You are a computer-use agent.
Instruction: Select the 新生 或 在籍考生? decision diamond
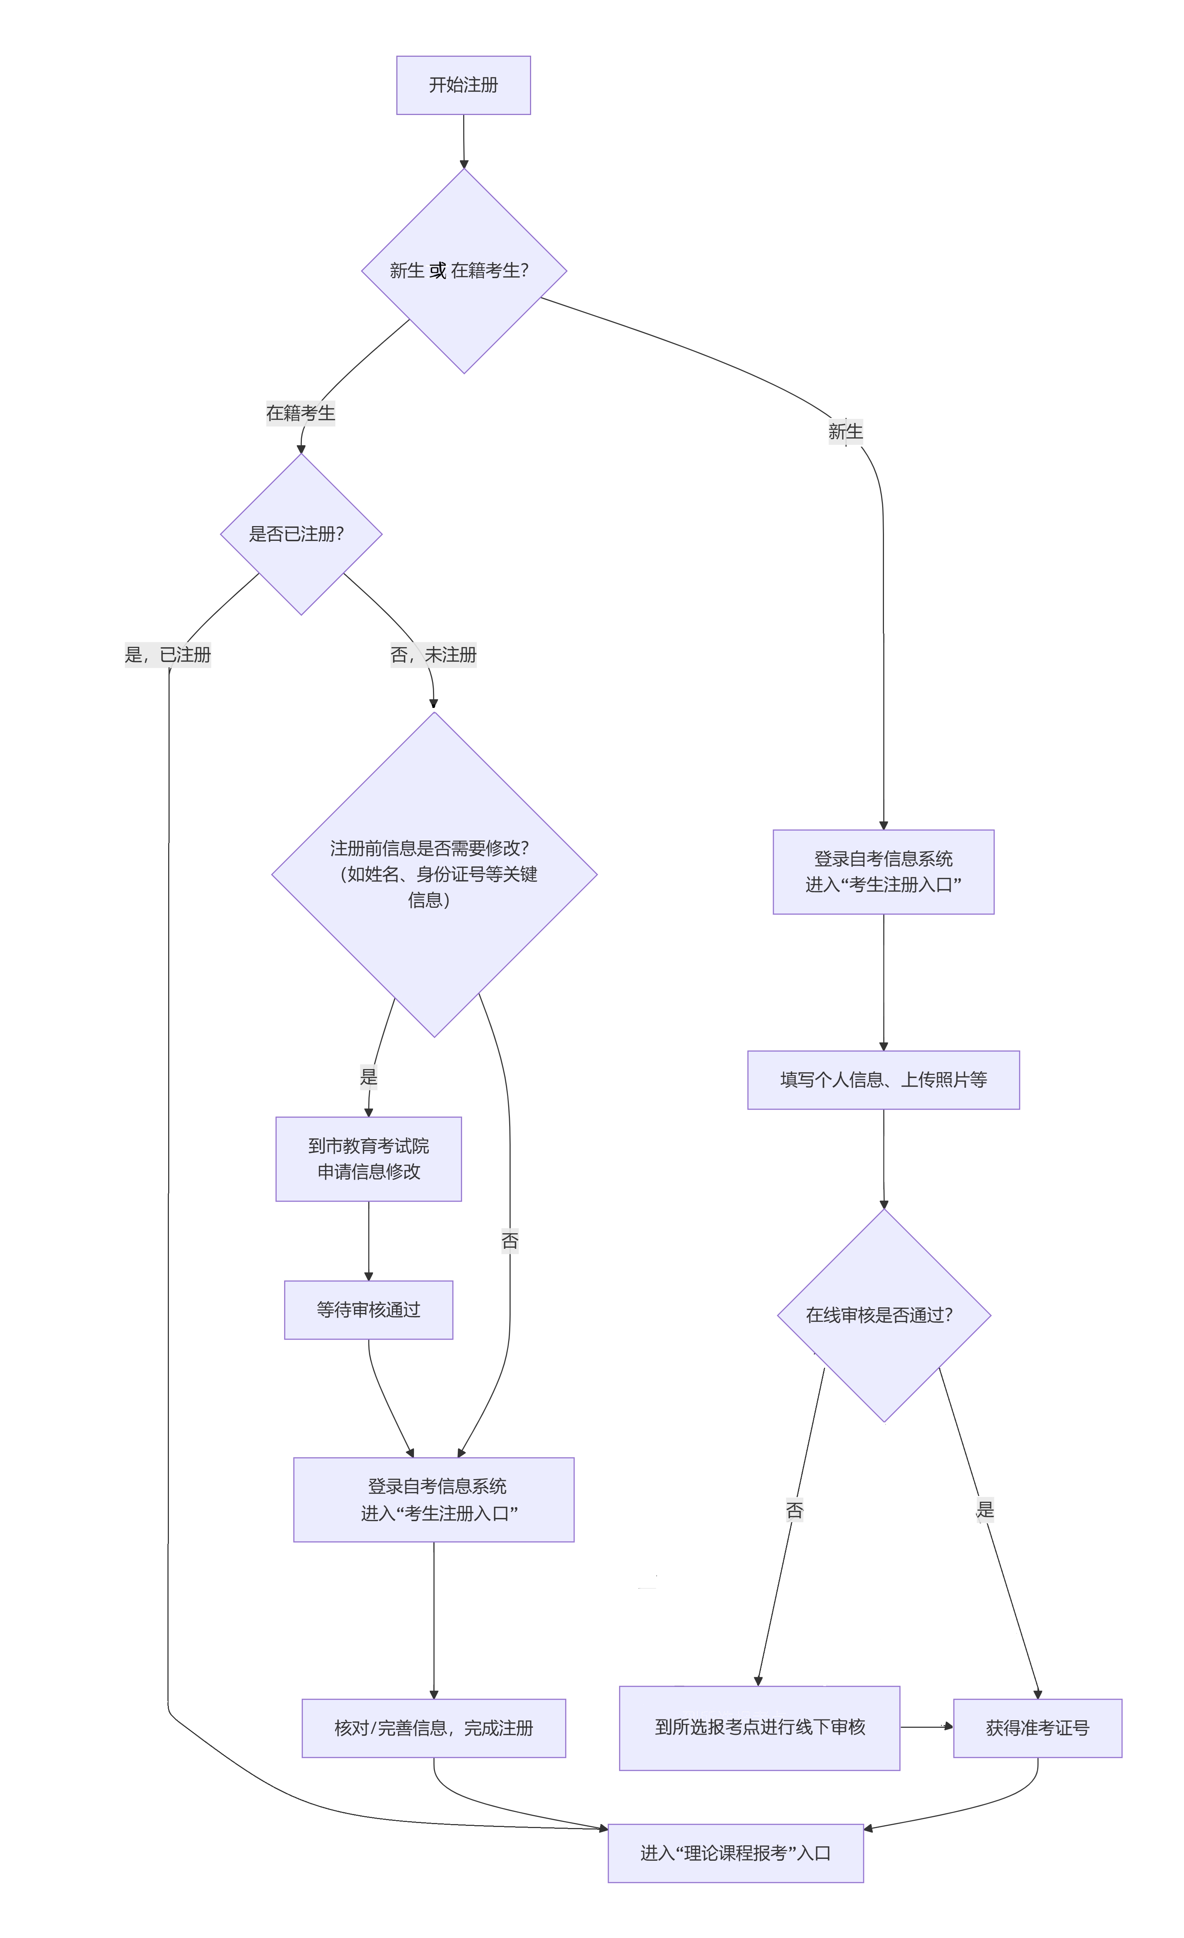click(x=464, y=271)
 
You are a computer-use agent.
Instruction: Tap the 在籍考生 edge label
click(x=300, y=413)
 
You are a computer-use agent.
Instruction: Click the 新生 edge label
click(x=845, y=431)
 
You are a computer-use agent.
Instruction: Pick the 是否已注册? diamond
click(x=300, y=534)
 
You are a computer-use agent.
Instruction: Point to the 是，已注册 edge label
click(x=167, y=654)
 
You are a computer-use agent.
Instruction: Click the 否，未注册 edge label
click(x=433, y=654)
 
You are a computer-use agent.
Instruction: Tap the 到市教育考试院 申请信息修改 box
click(x=368, y=1159)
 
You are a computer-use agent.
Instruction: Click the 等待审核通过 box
click(x=368, y=1309)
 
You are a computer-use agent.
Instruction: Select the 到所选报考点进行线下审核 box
click(x=759, y=1727)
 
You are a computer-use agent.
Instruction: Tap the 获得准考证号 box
click(x=1037, y=1728)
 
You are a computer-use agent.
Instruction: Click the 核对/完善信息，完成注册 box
click(x=433, y=1728)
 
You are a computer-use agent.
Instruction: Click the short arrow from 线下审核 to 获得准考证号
click(x=926, y=1727)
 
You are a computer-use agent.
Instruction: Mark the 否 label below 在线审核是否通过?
click(x=794, y=1510)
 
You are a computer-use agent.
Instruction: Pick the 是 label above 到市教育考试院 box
click(x=368, y=1076)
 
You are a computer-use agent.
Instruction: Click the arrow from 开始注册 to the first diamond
click(x=464, y=142)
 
